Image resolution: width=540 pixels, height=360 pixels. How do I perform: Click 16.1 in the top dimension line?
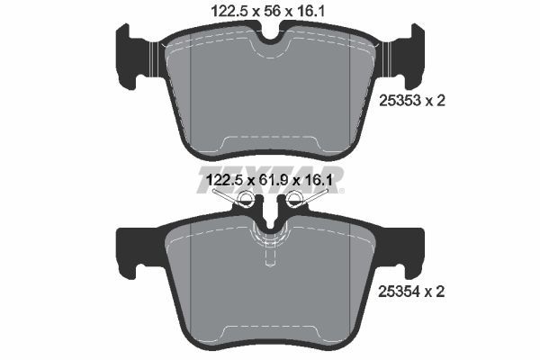(317, 10)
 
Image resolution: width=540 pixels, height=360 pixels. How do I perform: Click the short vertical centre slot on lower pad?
(270, 256)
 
